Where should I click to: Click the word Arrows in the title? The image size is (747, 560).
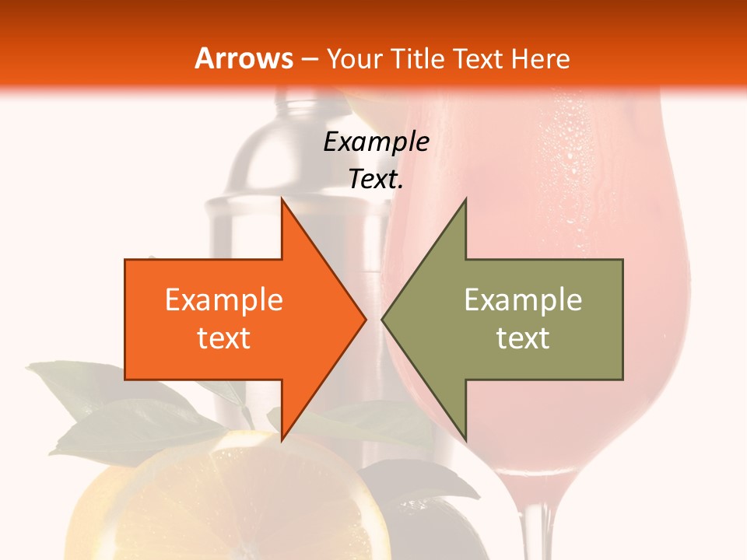pos(244,58)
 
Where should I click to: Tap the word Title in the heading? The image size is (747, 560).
pos(418,59)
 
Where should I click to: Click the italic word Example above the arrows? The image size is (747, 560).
pos(376,142)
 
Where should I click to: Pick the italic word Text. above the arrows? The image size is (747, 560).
pos(376,180)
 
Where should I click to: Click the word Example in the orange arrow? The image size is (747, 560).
pos(224,299)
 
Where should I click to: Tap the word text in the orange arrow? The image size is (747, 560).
pos(224,338)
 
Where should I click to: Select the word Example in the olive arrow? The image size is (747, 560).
pos(523,299)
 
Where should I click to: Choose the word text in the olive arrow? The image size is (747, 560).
pos(523,338)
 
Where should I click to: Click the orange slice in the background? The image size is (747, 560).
pos(233,506)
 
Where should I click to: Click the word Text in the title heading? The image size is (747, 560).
pos(479,59)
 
